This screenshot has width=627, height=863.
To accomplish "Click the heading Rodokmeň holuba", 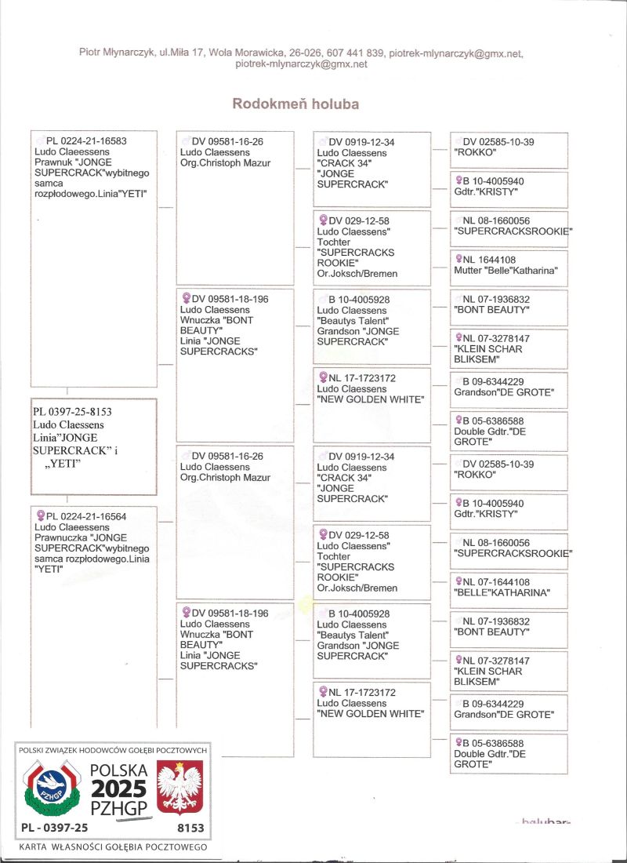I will tap(295, 104).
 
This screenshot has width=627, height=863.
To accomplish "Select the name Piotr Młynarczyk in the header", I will tap(116, 53).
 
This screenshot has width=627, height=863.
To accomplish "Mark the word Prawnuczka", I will tap(61, 537).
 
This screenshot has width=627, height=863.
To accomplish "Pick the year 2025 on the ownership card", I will tap(115, 788).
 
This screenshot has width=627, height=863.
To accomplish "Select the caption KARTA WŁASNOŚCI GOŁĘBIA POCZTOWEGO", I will tap(112, 847).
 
